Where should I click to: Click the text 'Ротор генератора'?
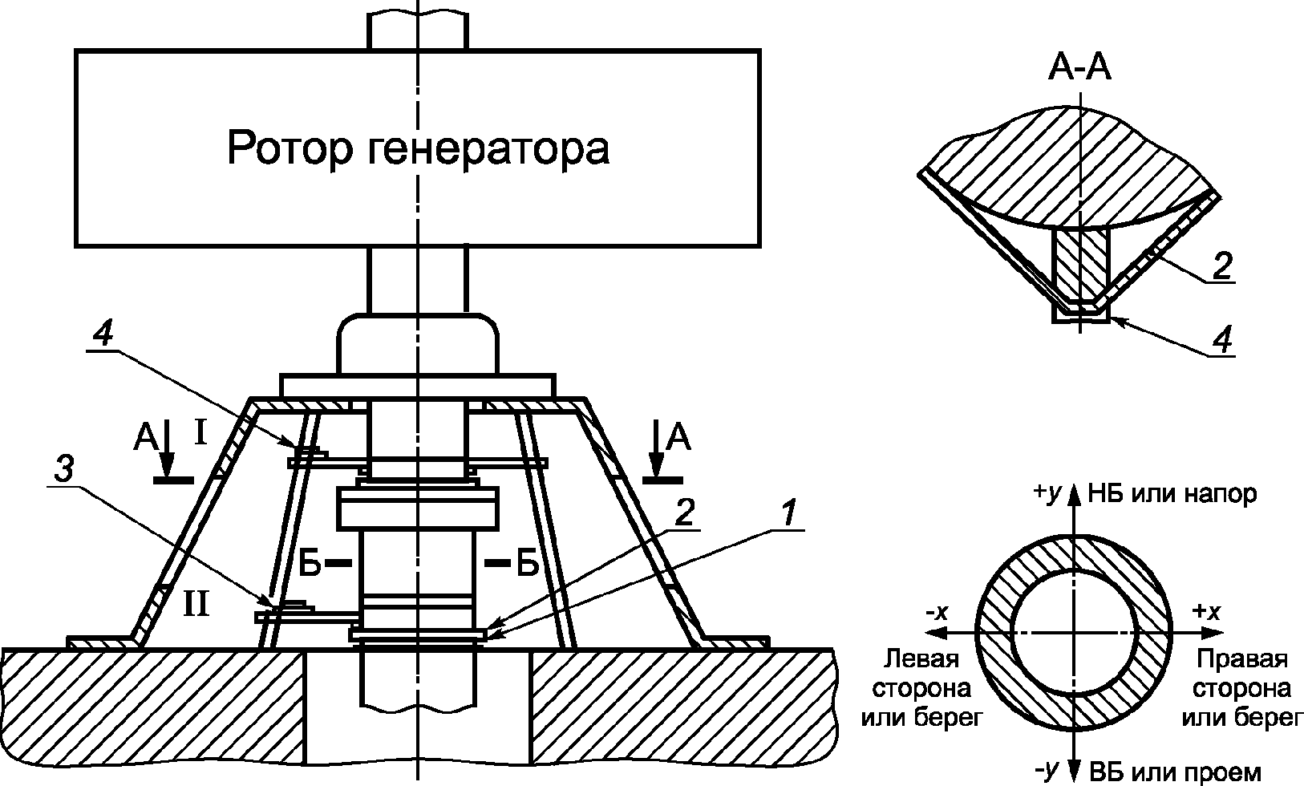(x=418, y=148)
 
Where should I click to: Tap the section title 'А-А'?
(x=1079, y=71)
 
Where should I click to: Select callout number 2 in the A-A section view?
(x=1221, y=265)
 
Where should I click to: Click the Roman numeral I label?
(x=200, y=434)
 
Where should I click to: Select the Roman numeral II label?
(x=196, y=602)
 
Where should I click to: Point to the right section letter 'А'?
(x=678, y=437)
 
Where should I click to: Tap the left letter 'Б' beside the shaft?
(x=310, y=565)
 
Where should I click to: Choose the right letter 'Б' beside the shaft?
(x=527, y=565)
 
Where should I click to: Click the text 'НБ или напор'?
(x=1172, y=493)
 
